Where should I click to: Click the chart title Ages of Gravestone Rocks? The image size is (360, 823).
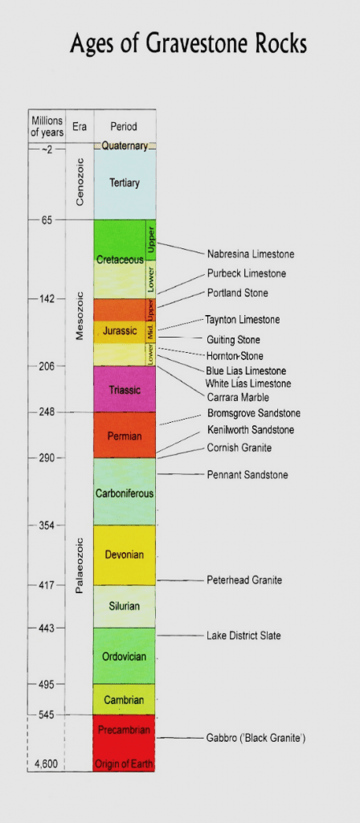[x=188, y=43]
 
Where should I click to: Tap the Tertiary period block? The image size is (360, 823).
[x=124, y=183]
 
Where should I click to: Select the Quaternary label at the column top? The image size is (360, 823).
[x=125, y=146]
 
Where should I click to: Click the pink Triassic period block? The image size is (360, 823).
[x=124, y=390]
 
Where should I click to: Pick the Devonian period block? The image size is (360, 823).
[x=124, y=555]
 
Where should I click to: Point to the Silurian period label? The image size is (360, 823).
[x=124, y=606]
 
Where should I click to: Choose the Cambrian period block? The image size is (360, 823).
[x=124, y=700]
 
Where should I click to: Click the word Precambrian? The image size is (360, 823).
[x=124, y=730]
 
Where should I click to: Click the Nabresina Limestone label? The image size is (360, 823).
[x=250, y=254]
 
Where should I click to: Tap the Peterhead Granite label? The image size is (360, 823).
[x=244, y=580]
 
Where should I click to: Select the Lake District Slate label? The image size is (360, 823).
[x=243, y=636]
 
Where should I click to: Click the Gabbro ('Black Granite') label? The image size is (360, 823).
[x=256, y=738]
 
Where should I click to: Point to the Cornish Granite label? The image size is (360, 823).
[x=239, y=447]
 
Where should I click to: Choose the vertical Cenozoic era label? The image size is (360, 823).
[x=79, y=182]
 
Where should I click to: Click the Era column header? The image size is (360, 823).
[x=79, y=126]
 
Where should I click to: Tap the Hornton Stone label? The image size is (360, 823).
[x=234, y=355]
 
